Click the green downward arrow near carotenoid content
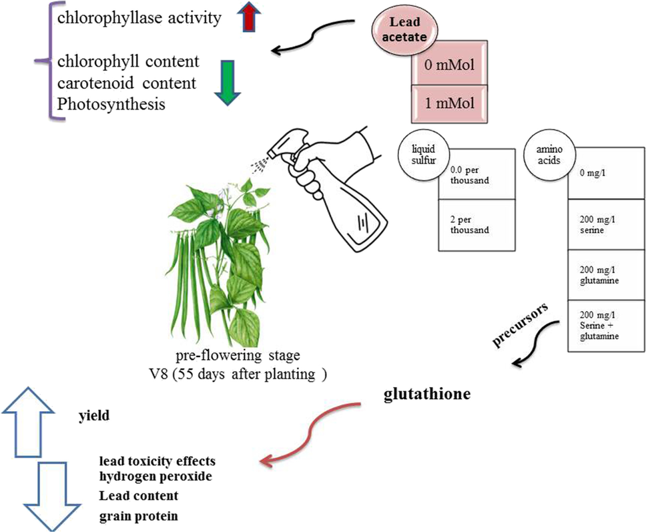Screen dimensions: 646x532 coord(228,82)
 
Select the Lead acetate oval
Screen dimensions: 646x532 coord(405,29)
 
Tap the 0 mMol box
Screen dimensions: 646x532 coord(450,65)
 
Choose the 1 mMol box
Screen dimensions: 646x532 coord(450,103)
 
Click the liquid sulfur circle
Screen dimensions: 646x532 coord(424,155)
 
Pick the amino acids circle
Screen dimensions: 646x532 coord(549,155)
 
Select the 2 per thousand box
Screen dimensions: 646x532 coord(476,225)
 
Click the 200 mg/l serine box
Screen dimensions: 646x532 coord(607,224)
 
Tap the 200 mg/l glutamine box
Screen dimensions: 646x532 coord(607,275)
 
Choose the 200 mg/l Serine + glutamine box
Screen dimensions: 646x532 coord(607,326)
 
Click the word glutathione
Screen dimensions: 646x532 coord(427,394)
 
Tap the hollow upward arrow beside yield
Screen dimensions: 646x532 coord(28,423)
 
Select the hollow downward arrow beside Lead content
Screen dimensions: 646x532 coord(52,497)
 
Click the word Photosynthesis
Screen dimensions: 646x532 coord(111,104)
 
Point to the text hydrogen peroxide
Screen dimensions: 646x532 coord(155,477)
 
